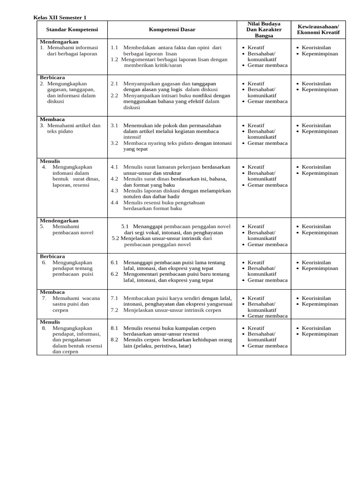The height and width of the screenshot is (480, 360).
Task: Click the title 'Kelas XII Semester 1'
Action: [x=60, y=17]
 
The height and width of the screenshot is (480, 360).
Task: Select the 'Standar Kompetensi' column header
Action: [x=72, y=30]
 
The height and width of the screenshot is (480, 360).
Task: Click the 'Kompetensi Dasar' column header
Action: [x=172, y=30]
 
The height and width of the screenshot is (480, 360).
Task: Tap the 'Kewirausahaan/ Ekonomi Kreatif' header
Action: [x=318, y=29]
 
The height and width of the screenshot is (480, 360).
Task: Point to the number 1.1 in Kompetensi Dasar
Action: [x=114, y=47]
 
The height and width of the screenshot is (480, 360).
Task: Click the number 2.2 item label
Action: [x=114, y=95]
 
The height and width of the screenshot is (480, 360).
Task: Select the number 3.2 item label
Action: [x=114, y=143]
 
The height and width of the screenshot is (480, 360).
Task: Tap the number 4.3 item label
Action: [x=114, y=191]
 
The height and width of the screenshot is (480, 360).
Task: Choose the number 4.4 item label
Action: [x=114, y=202]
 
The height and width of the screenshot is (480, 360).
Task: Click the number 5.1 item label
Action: [x=125, y=226]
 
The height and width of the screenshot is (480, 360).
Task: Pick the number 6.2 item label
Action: [x=114, y=274]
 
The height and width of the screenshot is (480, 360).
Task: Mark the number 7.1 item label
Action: [x=114, y=298]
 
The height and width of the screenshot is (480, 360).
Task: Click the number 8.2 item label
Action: [x=114, y=340]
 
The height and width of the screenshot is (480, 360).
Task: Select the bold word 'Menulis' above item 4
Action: [x=50, y=161]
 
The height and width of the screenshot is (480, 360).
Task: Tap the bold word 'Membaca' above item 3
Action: [x=52, y=119]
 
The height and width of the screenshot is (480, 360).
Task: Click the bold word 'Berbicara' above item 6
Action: [x=52, y=256]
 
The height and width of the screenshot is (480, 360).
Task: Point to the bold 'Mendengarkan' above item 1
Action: [x=59, y=42]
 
